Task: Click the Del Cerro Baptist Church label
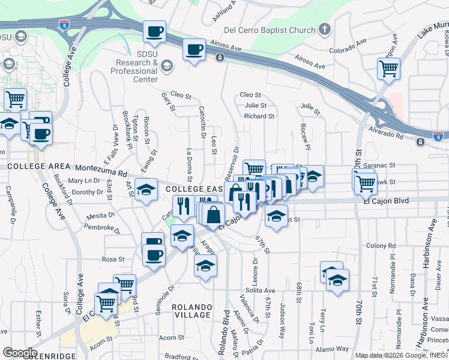[269, 30]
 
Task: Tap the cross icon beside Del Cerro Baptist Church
[324, 29]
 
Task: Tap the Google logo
[20, 353]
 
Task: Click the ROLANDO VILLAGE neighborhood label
[191, 311]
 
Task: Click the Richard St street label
[259, 116]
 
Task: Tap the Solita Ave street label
[260, 290]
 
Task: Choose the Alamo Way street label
[334, 349]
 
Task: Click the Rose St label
[113, 259]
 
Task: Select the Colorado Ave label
[343, 43]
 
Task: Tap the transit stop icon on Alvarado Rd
[420, 142]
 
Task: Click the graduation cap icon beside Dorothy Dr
[145, 190]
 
